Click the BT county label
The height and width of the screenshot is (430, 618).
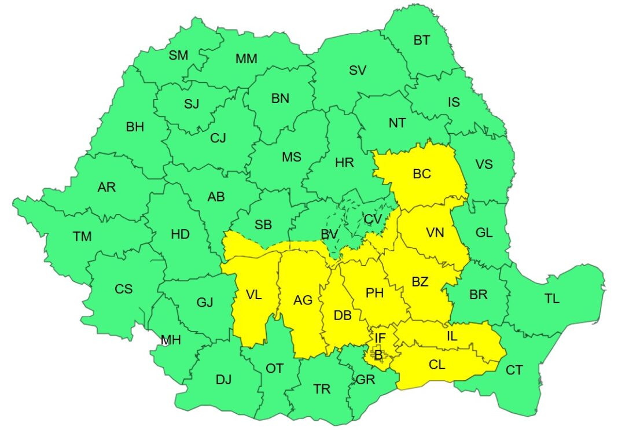[x=422, y=41]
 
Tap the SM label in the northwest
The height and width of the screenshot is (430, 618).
[x=178, y=56]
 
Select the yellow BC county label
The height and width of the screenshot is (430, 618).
[x=422, y=174]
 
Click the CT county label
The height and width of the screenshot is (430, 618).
[x=514, y=370]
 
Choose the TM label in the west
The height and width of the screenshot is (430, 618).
[x=82, y=236]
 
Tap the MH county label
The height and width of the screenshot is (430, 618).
[x=171, y=340]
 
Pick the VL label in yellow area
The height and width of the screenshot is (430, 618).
[x=253, y=295]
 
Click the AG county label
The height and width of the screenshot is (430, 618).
[x=303, y=300]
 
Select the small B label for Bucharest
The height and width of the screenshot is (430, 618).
[x=378, y=355]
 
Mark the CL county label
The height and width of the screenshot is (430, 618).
[x=437, y=365]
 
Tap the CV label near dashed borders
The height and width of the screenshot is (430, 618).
[x=373, y=219]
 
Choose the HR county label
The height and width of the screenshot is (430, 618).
[x=344, y=163]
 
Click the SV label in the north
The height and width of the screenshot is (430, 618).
[x=358, y=71]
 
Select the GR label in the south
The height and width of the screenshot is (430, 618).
[x=366, y=380]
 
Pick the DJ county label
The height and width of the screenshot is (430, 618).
[x=223, y=380]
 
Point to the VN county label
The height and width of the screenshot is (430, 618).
[x=435, y=233]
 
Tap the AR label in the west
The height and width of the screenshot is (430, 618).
[x=106, y=187]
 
